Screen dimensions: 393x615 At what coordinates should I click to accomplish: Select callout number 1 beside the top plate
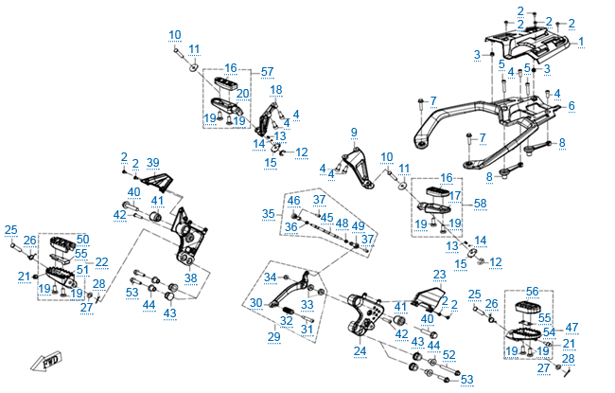click(x=581, y=42)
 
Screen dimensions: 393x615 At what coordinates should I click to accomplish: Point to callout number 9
click(x=354, y=132)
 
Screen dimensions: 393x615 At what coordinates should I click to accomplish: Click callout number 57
click(x=267, y=72)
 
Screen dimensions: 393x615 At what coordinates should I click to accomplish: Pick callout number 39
click(x=153, y=164)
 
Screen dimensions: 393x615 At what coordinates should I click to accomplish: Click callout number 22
click(x=101, y=261)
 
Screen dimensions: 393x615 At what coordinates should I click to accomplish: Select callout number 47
click(x=571, y=327)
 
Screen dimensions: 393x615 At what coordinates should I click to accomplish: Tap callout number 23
click(x=439, y=275)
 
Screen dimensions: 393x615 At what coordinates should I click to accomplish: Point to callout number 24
click(x=360, y=351)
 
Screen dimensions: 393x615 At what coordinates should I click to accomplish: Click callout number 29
click(x=273, y=336)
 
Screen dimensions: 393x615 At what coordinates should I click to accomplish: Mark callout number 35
click(x=269, y=214)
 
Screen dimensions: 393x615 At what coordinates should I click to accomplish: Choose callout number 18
click(x=276, y=90)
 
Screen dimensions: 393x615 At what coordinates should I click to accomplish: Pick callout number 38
click(x=191, y=278)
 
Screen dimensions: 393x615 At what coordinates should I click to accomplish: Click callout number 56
click(x=532, y=292)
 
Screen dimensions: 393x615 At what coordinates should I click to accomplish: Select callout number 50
click(x=82, y=239)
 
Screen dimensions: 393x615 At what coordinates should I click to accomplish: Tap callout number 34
click(x=271, y=277)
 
